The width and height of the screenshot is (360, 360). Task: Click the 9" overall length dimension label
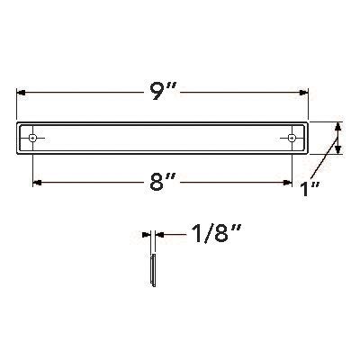point(162,91)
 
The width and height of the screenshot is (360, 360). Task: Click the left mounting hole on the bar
point(33,138)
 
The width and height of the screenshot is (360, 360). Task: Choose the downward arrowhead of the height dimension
point(337,151)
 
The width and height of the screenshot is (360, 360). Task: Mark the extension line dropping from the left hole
point(33,166)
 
